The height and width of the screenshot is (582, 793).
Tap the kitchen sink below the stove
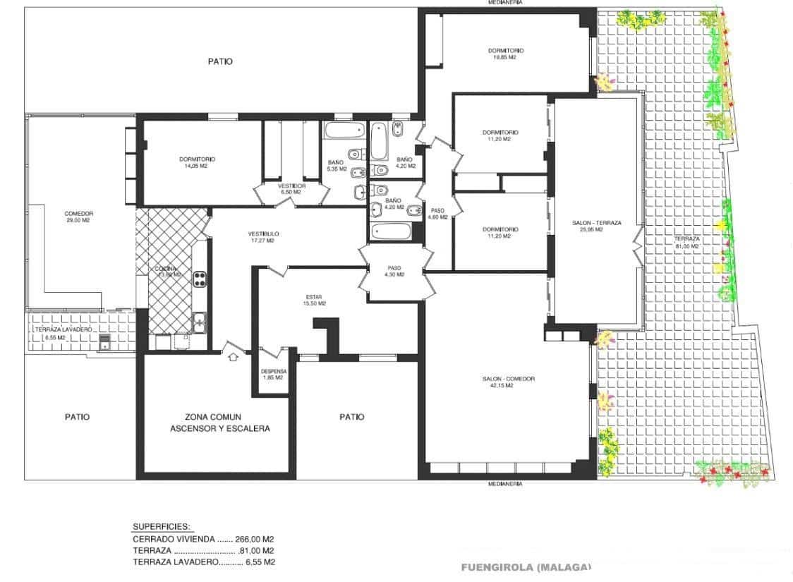click(200, 322)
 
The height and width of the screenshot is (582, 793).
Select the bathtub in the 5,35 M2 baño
click(344, 132)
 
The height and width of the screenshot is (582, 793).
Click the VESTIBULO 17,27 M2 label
click(263, 237)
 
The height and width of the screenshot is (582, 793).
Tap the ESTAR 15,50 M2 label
click(315, 300)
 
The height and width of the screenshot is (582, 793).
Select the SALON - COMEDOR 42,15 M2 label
click(508, 382)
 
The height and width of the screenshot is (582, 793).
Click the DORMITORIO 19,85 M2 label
click(506, 54)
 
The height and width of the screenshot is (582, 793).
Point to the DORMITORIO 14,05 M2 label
click(197, 163)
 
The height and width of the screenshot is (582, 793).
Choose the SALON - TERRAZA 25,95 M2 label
click(597, 226)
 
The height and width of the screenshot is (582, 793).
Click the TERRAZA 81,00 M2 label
click(686, 243)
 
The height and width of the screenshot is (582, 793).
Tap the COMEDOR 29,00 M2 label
click(78, 217)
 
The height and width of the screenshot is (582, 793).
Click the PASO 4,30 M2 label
click(394, 271)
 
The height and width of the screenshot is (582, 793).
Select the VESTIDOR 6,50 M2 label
click(291, 188)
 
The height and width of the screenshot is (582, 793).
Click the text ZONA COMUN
click(219, 417)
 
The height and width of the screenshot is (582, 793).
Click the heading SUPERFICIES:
click(162, 526)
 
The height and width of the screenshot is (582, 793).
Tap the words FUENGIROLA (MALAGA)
click(526, 566)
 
